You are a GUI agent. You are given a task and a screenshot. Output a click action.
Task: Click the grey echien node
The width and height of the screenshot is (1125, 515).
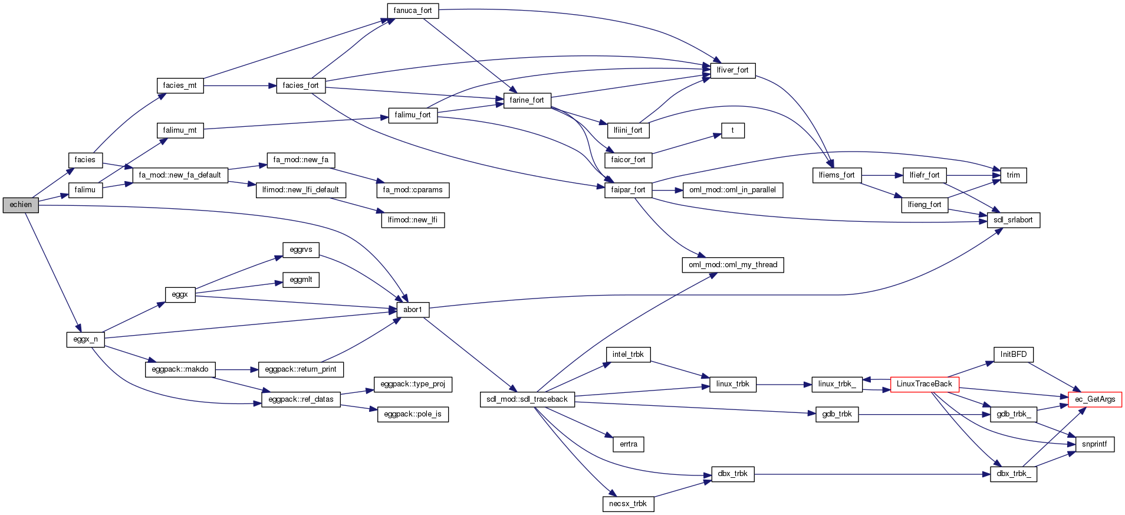pos(21,205)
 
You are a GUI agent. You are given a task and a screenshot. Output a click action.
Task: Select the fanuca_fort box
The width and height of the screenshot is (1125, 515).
pos(413,11)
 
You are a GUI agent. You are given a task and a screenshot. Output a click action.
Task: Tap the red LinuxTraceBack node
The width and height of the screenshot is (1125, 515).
pos(924,384)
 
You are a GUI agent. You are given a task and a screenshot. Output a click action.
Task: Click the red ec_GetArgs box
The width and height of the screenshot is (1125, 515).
pos(1095,399)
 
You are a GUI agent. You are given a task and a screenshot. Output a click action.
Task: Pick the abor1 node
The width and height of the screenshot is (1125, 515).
pos(413,310)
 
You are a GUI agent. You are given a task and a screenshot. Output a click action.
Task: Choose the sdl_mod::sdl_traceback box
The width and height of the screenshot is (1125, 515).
pos(527,399)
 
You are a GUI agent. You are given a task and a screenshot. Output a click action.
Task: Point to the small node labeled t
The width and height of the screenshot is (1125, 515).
pos(732,130)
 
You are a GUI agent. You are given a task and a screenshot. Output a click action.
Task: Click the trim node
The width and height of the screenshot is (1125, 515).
pos(1013,175)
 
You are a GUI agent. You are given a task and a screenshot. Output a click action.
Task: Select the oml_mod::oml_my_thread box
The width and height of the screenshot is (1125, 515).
pos(732,265)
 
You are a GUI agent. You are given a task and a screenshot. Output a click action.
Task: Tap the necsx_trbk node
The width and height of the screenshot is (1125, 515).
pos(627,504)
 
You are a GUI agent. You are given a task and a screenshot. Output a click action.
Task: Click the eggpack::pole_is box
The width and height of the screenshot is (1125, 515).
pos(413,414)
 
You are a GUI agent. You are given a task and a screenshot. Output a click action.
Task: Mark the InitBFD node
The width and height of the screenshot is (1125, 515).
pos(1013,355)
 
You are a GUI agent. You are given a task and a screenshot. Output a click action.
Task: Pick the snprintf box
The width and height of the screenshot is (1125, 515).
pos(1094,444)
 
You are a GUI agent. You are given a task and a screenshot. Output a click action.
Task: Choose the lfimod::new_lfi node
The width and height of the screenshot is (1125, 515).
pos(413,220)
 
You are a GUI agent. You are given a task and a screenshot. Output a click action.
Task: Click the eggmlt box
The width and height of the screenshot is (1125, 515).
pos(301,280)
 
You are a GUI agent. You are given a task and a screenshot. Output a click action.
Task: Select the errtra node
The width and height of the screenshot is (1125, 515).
pos(628,444)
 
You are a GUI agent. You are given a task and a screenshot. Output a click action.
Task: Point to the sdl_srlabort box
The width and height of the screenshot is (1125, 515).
pos(1013,220)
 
